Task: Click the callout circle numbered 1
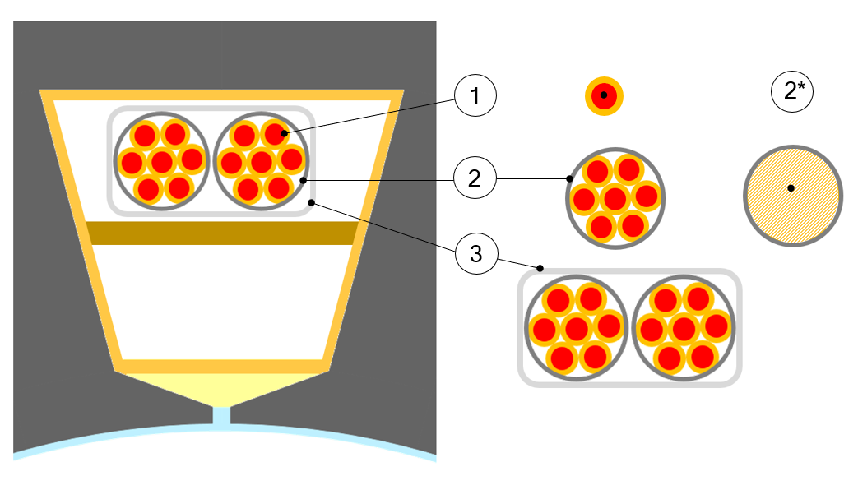point(475,96)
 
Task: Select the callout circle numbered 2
point(475,178)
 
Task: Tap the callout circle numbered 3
point(475,254)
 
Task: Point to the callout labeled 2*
point(791,91)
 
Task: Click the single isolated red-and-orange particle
point(605,96)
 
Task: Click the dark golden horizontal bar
point(222,233)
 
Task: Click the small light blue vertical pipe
point(221,415)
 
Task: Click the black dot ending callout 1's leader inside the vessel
point(283,132)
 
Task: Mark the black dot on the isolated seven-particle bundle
point(569,178)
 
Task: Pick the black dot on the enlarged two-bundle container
point(540,268)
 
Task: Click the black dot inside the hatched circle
point(791,188)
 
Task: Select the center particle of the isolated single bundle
point(615,198)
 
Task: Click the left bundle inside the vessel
point(162,160)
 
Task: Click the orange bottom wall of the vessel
point(222,366)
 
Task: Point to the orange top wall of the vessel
point(222,95)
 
